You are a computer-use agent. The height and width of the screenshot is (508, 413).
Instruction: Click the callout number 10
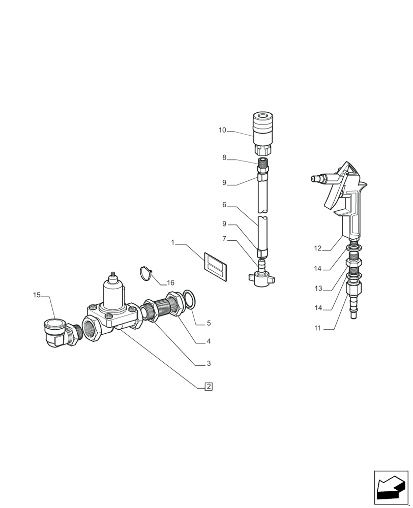pos(222,131)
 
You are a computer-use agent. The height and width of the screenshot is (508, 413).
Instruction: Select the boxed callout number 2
pos(208,387)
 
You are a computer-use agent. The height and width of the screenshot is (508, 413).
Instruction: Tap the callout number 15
pos(37,295)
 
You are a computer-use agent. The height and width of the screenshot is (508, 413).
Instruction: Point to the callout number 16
pos(170,282)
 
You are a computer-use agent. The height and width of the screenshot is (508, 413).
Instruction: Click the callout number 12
pos(318,248)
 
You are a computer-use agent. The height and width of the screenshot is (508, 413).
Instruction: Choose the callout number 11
pos(318,328)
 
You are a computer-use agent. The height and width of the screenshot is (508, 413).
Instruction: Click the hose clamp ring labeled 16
pos(146,273)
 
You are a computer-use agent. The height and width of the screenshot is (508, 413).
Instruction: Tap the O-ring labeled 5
pos(188,300)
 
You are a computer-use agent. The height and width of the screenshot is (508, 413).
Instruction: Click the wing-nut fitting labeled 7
pos(261,276)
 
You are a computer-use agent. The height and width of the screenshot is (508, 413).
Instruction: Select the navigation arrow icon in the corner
pos(391,488)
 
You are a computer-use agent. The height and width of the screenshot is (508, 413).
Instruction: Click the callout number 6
pos(224,205)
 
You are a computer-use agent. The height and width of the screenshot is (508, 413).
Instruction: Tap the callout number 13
pos(318,289)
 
